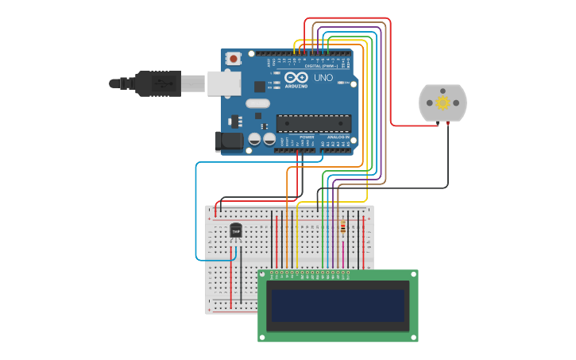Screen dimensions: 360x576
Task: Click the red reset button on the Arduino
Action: tap(234, 58)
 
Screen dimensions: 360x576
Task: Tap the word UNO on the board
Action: tap(323, 78)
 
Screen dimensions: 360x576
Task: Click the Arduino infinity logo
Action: tap(296, 77)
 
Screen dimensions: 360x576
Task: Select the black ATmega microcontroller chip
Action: tap(314, 123)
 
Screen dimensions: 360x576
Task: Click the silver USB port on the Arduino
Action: tap(224, 83)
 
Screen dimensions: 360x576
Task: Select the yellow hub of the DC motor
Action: tap(443, 103)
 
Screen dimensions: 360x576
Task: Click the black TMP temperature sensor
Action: tap(235, 230)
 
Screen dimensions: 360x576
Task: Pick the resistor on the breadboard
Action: tap(342, 228)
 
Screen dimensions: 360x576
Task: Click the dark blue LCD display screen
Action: tap(338, 306)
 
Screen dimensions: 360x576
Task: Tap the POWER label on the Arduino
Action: tap(307, 137)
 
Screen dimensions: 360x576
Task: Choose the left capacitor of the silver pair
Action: tap(255, 139)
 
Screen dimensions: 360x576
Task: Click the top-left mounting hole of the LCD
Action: tap(263, 275)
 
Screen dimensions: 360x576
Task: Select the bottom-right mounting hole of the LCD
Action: tap(413, 337)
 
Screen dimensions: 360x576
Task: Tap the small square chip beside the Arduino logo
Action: tap(259, 86)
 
